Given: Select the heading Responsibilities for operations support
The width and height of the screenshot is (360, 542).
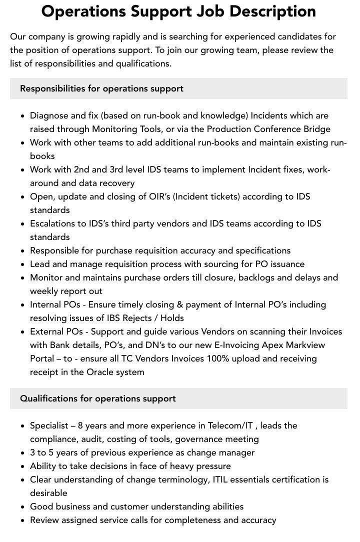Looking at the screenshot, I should point(101,88).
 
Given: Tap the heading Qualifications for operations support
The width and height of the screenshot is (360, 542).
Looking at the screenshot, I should point(98,398).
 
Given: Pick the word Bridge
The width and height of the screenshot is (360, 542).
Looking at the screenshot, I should point(317,129).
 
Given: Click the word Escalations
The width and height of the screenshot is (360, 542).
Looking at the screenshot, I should point(53,223).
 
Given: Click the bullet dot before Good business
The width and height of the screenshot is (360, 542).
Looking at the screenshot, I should point(23,507).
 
